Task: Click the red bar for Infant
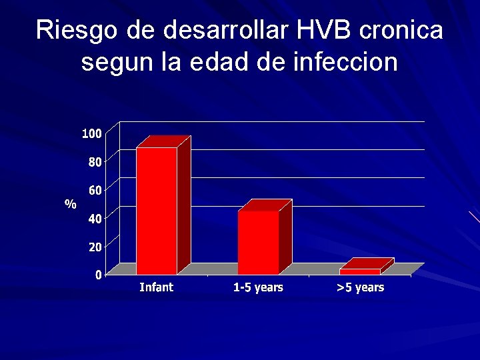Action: coord(157,210)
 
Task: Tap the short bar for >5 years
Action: coord(360,271)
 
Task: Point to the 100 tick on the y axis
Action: coord(92,134)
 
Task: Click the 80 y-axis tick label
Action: coord(95,162)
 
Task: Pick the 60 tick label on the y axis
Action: coord(95,191)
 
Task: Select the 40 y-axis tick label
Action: coord(95,219)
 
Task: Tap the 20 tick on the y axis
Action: coord(95,247)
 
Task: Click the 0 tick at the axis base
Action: coord(98,275)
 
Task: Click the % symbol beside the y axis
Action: coord(70,204)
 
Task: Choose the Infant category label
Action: coord(156,287)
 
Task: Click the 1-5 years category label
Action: coord(258,287)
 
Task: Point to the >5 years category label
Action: coord(360,287)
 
